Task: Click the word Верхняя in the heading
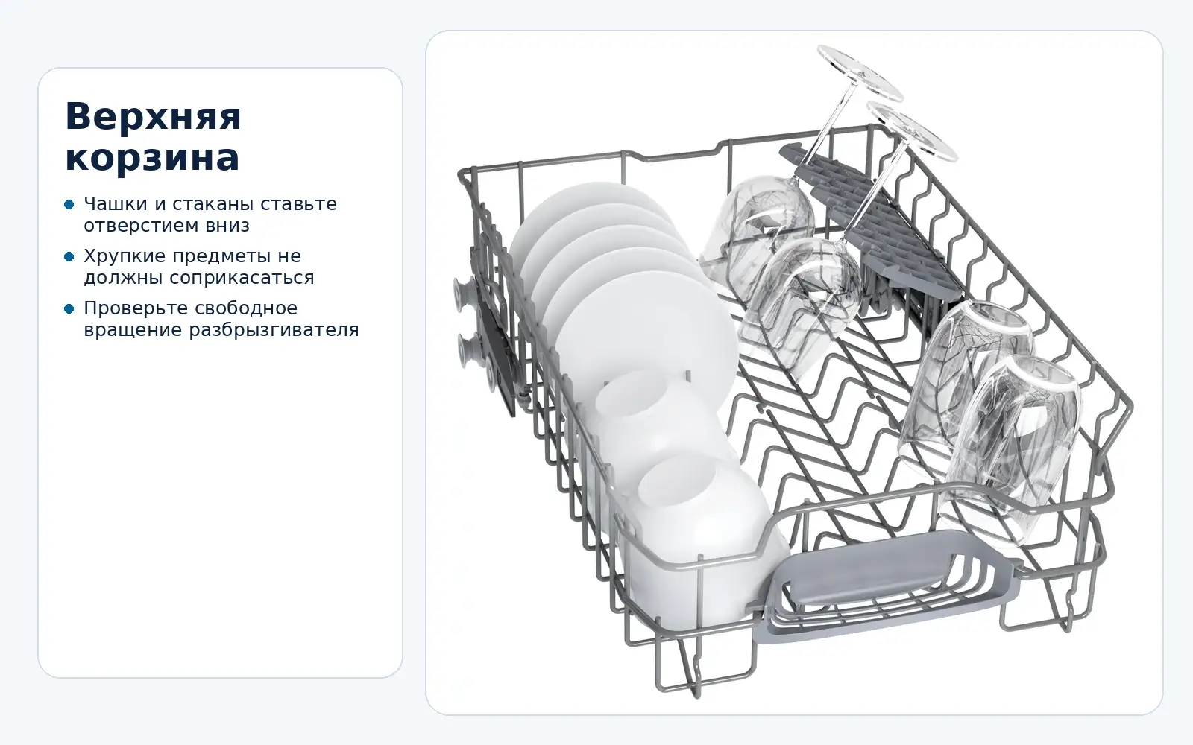pyautogui.click(x=154, y=116)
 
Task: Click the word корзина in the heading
pyautogui.click(x=152, y=157)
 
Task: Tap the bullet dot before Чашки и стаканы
pyautogui.click(x=69, y=204)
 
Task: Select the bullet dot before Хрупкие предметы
pyautogui.click(x=69, y=256)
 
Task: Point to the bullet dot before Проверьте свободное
pyautogui.click(x=69, y=308)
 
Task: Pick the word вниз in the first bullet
pyautogui.click(x=227, y=226)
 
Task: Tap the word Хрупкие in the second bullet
pyautogui.click(x=121, y=256)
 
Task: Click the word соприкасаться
pyautogui.click(x=242, y=278)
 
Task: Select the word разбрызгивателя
pyautogui.click(x=274, y=330)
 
